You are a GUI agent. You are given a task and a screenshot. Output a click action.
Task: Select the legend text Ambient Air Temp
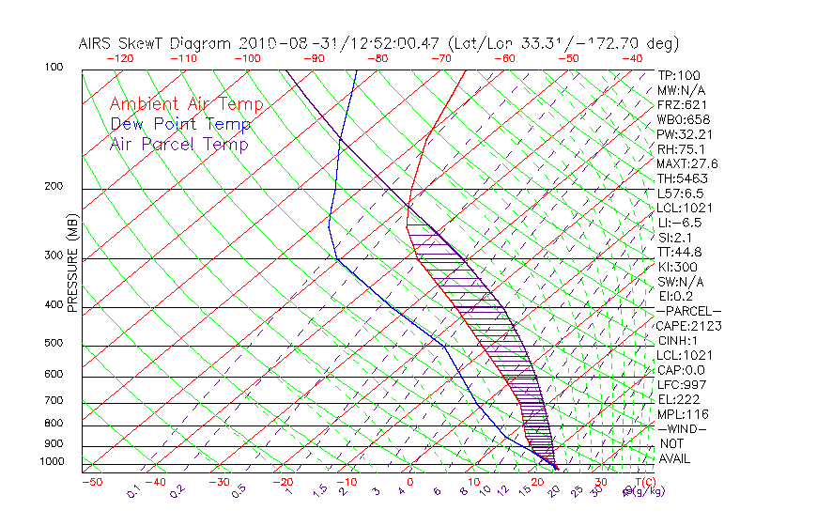tap(186, 104)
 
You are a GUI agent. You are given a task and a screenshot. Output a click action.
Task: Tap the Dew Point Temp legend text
tap(180, 124)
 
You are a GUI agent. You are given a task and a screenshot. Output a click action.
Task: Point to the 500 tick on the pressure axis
tap(54, 344)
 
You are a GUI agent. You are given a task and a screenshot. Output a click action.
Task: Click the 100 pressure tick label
tap(54, 68)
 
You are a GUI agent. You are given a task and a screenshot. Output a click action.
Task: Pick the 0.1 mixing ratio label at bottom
tap(134, 491)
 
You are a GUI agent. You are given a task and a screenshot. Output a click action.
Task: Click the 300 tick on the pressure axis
tap(54, 255)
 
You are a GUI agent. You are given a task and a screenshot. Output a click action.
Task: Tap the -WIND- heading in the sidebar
tap(682, 428)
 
